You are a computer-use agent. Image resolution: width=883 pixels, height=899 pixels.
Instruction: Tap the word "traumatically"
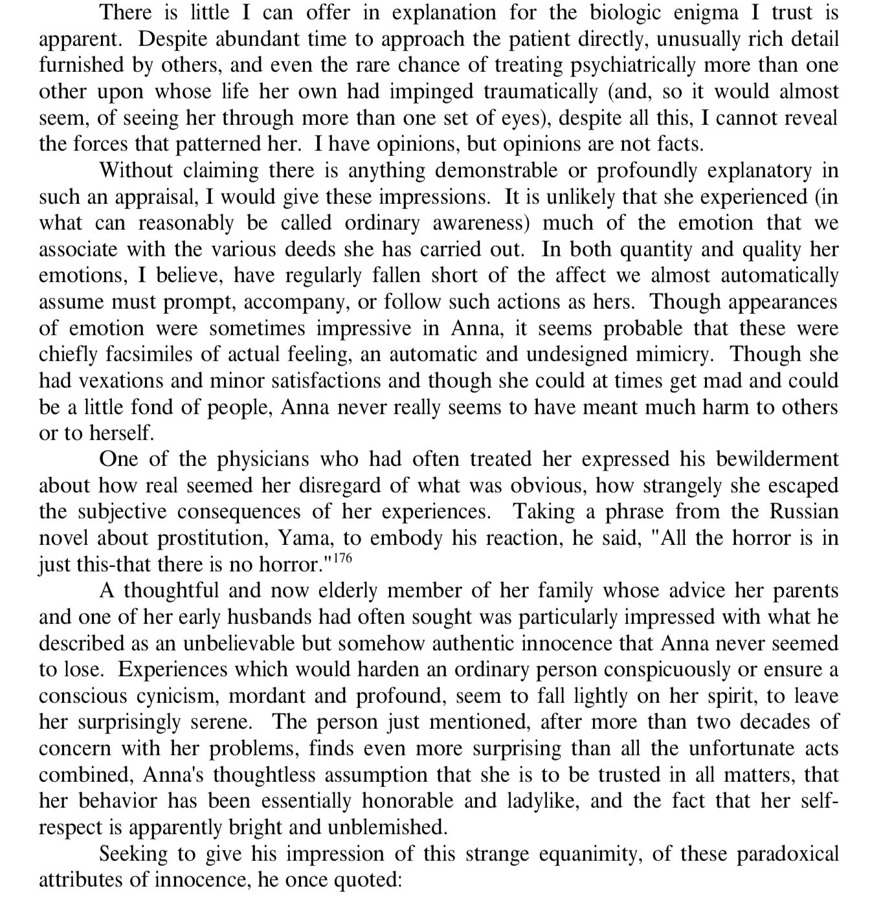541,92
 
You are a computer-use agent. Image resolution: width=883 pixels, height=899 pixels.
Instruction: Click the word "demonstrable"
492,171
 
